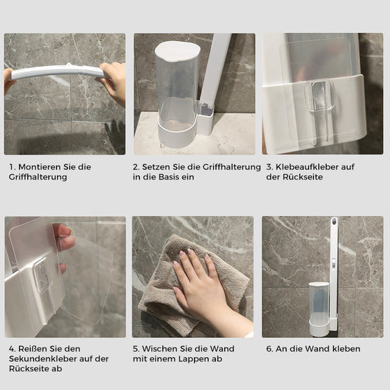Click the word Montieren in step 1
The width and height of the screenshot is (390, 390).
pos(39,167)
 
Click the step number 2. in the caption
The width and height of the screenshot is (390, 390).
pos(136,167)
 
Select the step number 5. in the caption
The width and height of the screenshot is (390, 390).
pos(136,349)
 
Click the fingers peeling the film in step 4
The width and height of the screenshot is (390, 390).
pos(65,241)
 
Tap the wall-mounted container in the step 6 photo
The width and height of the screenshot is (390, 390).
pos(319,306)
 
